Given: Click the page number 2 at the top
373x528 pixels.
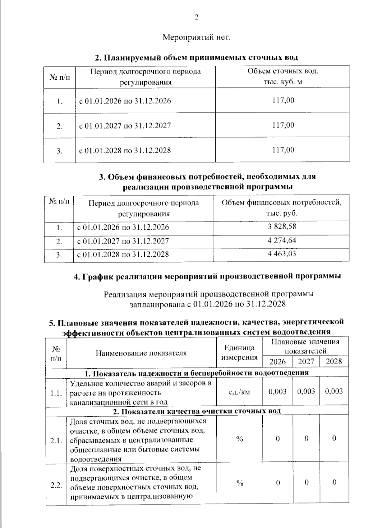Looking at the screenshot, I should pyautogui.click(x=196, y=17).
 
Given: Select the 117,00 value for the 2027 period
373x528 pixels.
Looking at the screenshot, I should pyautogui.click(x=283, y=125).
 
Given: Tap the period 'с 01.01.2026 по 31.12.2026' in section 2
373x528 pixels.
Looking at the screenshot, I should pyautogui.click(x=125, y=101).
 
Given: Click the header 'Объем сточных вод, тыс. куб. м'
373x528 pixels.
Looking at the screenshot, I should pyautogui.click(x=283, y=77).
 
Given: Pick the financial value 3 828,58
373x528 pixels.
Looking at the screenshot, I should pyautogui.click(x=282, y=227).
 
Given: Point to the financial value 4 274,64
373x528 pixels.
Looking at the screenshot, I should pyautogui.click(x=282, y=241).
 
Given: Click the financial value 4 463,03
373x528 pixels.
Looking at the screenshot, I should pyautogui.click(x=282, y=254).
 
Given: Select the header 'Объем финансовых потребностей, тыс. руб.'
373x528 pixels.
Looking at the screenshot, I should pyautogui.click(x=282, y=208).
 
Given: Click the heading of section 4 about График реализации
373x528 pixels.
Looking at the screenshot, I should pyautogui.click(x=207, y=276).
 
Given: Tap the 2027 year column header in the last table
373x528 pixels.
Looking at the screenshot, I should pyautogui.click(x=306, y=362).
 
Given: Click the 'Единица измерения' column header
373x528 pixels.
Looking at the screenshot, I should pyautogui.click(x=239, y=353).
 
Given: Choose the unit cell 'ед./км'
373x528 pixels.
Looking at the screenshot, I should pyautogui.click(x=239, y=392).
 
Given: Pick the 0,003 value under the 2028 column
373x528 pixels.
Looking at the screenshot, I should pyautogui.click(x=334, y=391).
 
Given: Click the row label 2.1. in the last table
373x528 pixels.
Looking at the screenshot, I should pyautogui.click(x=56, y=441).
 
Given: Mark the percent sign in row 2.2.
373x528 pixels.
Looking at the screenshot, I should pyautogui.click(x=240, y=483).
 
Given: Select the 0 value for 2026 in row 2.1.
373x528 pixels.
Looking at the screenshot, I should pyautogui.click(x=278, y=439).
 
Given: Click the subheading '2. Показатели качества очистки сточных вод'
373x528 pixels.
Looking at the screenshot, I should pyautogui.click(x=197, y=411).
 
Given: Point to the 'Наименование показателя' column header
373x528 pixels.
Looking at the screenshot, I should pyautogui.click(x=141, y=353).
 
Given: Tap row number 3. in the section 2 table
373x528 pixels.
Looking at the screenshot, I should pyautogui.click(x=60, y=151).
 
